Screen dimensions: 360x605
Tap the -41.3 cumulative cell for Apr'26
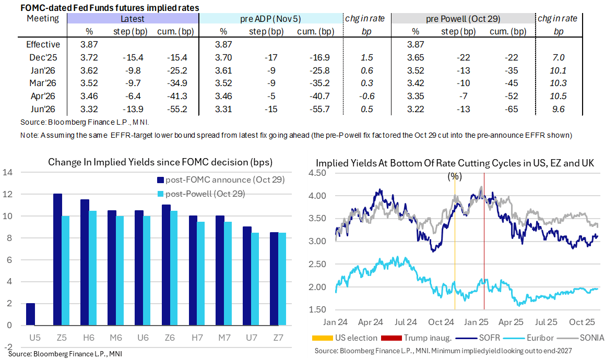pos(175,97)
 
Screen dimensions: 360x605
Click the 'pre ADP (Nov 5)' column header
pos(270,19)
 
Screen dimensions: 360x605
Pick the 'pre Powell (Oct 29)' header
pos(463,19)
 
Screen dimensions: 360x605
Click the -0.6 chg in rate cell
pos(364,97)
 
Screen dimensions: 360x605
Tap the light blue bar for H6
pos(92,268)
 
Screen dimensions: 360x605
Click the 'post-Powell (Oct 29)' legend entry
pos(206,194)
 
